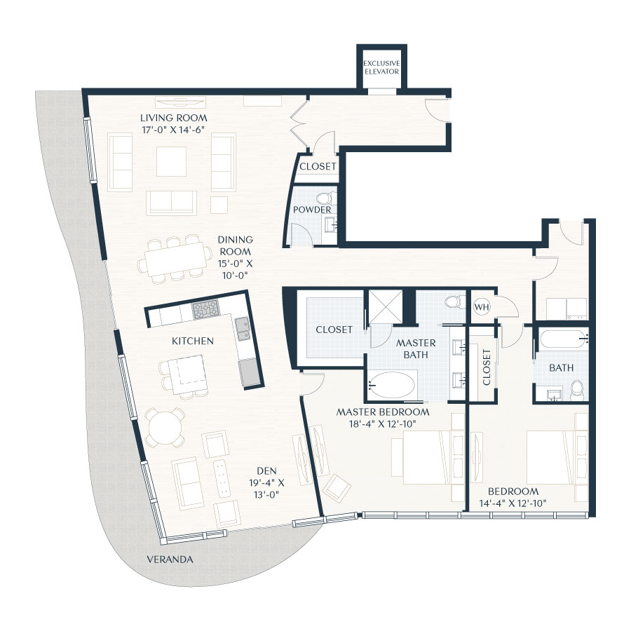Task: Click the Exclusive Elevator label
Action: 381,67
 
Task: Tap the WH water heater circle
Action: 482,307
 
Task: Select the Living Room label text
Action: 174,118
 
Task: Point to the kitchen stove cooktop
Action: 205,309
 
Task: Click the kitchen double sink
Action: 243,329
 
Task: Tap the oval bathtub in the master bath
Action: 391,385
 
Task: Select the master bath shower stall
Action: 385,306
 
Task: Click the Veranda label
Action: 170,559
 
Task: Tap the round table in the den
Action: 165,427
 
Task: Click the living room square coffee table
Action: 172,161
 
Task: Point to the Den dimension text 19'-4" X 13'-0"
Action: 267,489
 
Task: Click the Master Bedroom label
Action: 383,412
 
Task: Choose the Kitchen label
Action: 193,341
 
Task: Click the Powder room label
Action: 312,210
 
